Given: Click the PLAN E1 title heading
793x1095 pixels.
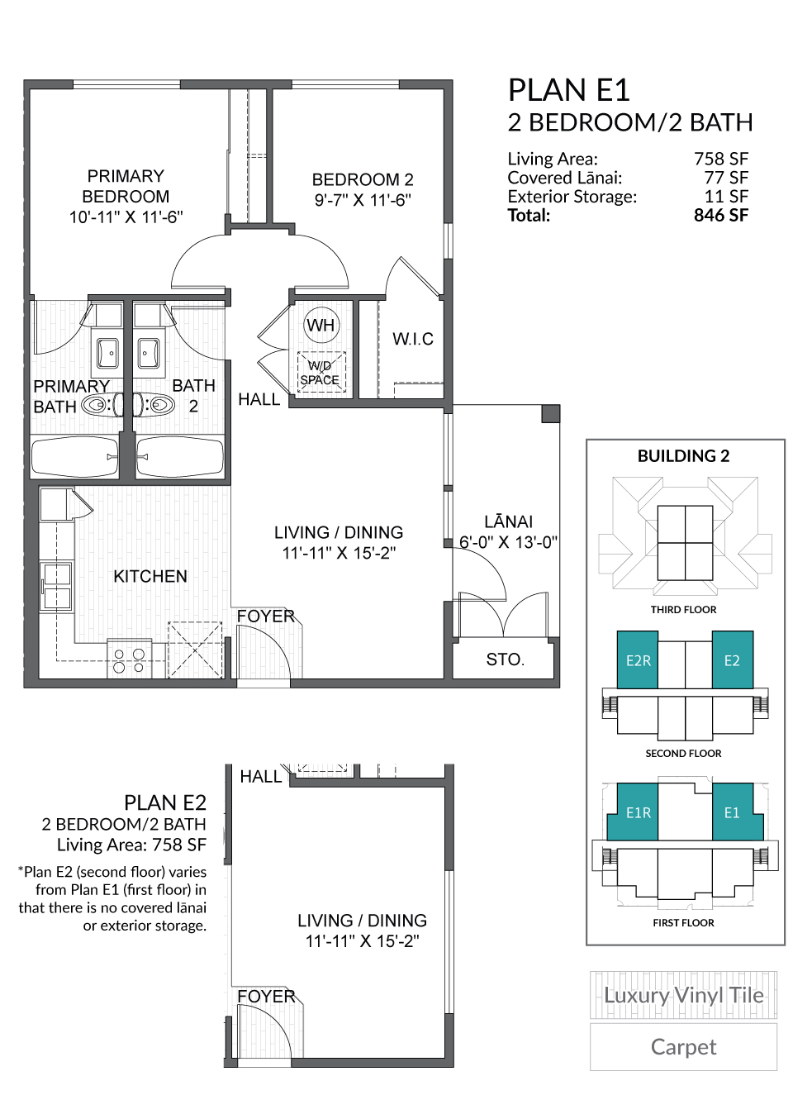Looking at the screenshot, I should pyautogui.click(x=568, y=90).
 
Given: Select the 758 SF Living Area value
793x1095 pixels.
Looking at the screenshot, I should pyautogui.click(x=720, y=159).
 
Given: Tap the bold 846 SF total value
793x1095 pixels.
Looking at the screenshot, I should pyautogui.click(x=720, y=216).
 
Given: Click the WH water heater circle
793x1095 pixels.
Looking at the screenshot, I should pyautogui.click(x=321, y=325).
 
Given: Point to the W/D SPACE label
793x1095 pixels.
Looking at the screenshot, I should pyautogui.click(x=320, y=373).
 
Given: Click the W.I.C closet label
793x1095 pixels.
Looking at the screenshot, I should pyautogui.click(x=412, y=339).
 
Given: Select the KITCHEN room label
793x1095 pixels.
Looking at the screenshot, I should pyautogui.click(x=150, y=576).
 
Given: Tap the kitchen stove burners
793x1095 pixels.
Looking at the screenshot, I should pyautogui.click(x=129, y=660).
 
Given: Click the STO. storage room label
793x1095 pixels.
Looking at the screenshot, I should pyautogui.click(x=505, y=659).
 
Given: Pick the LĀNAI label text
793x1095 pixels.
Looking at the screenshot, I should pyautogui.click(x=508, y=521).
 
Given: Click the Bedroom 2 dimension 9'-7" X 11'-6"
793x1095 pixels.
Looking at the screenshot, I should pyautogui.click(x=363, y=200).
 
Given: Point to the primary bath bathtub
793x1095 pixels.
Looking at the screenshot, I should pyautogui.click(x=74, y=456).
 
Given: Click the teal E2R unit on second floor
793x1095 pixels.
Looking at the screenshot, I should pyautogui.click(x=638, y=660).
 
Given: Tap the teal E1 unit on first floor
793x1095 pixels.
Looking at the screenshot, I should pyautogui.click(x=732, y=812).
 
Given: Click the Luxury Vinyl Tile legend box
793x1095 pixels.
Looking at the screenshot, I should pyautogui.click(x=683, y=995).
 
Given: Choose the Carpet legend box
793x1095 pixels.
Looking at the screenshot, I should pyautogui.click(x=683, y=1047).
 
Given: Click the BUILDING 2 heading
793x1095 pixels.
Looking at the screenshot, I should pyautogui.click(x=683, y=456).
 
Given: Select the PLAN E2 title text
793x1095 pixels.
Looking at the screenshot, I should pyautogui.click(x=164, y=802).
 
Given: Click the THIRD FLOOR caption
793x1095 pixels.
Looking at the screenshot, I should pyautogui.click(x=683, y=610).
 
